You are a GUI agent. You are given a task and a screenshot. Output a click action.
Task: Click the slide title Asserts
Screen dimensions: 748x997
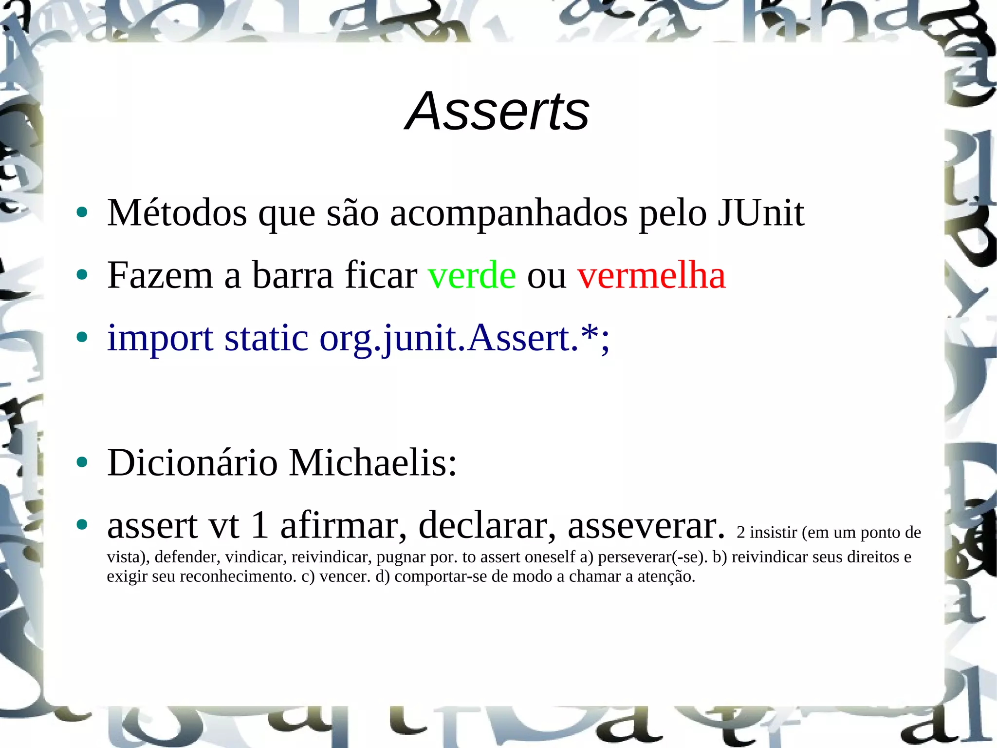[497, 112]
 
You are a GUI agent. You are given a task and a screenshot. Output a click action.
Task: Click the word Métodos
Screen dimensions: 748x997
[177, 213]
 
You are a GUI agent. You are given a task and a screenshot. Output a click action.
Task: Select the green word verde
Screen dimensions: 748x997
[472, 275]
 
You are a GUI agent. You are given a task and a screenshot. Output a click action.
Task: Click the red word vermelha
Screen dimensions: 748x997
[651, 275]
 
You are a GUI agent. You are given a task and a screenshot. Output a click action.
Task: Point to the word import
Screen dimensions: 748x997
[160, 338]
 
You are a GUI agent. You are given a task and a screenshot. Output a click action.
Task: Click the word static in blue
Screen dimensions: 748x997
[266, 337]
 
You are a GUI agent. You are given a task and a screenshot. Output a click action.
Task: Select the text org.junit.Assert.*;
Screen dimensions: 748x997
[464, 338]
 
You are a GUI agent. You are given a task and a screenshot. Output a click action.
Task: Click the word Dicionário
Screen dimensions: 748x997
[192, 462]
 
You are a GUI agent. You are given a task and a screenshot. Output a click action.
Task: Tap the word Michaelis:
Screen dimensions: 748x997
[373, 462]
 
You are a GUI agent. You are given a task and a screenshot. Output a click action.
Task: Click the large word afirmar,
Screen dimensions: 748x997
[343, 525]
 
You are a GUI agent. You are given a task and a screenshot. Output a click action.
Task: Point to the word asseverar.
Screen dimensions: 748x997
[646, 525]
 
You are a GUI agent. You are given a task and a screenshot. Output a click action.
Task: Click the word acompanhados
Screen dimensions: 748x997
[509, 213]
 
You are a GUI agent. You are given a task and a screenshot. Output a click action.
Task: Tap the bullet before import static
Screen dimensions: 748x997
[82, 337]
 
